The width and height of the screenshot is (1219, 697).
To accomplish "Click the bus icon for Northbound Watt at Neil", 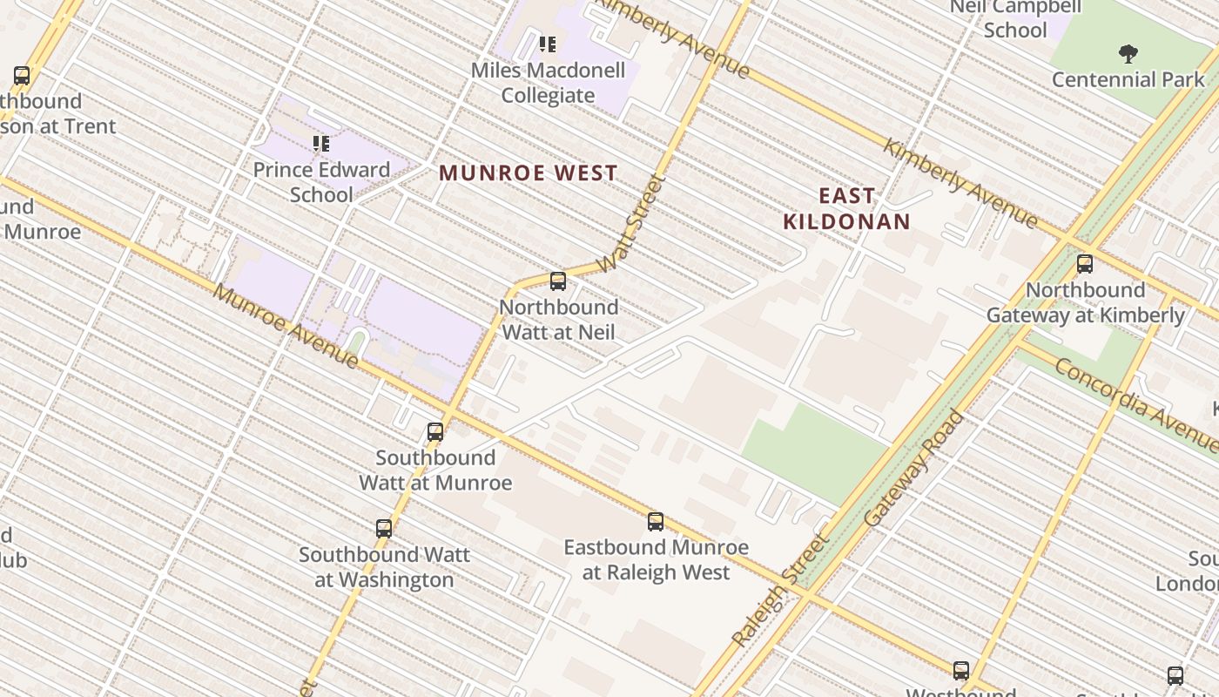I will [558, 281].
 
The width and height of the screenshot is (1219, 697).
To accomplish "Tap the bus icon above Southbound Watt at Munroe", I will [435, 432].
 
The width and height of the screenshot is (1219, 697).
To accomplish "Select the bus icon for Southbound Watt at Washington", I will [384, 529].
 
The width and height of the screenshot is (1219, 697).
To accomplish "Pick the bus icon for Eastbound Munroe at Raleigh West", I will [656, 522].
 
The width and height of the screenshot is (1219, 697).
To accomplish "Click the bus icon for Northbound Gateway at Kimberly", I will [1085, 264].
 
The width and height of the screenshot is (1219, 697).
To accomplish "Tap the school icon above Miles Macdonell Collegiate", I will [548, 44].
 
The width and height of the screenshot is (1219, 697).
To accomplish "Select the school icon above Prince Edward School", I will [321, 143].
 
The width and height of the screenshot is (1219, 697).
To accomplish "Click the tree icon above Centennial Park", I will [1128, 54].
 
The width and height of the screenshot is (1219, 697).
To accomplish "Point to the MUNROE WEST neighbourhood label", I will [529, 173].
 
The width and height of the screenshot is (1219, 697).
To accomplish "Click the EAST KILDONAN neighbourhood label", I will [846, 208].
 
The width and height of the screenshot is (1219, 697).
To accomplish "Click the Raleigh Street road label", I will [781, 590].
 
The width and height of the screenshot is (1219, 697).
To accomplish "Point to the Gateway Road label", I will [915, 468].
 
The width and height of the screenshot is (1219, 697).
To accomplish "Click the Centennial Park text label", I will [1128, 79].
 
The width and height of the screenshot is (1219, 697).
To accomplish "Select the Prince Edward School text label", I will [321, 181].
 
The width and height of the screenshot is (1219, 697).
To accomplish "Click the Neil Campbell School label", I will [1015, 18].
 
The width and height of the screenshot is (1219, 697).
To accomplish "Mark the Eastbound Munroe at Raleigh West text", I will [656, 559].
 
